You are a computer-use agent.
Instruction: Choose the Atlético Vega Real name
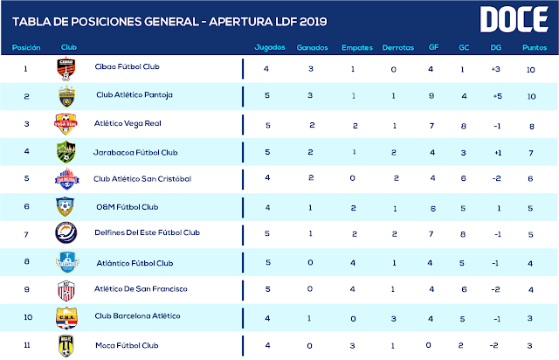131,124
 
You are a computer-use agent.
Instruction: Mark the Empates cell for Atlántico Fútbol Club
355,261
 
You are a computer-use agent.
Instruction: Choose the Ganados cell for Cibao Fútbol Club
312,68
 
